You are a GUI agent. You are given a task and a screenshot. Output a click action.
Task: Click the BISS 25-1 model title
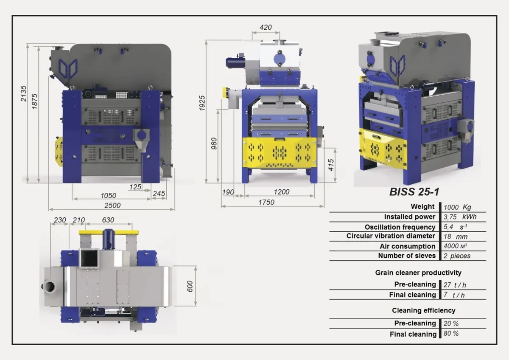[x=414, y=192]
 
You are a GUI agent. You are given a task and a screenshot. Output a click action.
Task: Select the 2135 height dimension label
[x=24, y=93]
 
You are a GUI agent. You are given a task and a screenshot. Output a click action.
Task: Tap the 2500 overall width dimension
[x=112, y=205]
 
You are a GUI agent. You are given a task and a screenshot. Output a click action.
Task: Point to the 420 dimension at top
[x=266, y=27]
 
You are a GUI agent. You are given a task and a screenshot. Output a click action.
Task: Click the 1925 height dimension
[x=202, y=103]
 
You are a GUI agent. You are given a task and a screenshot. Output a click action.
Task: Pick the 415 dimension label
[x=331, y=165]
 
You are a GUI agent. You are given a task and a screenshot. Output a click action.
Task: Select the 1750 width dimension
[x=266, y=202]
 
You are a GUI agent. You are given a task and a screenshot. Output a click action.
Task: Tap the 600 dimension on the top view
[x=190, y=286]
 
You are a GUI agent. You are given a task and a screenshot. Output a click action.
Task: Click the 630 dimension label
[x=108, y=220]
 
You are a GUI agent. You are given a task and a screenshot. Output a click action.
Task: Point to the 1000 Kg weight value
[x=457, y=207]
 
